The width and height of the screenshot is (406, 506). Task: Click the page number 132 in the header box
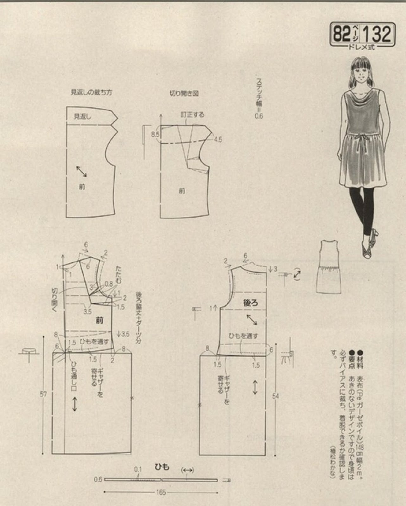[x=377, y=34]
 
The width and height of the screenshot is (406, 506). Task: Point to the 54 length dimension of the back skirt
[x=275, y=396]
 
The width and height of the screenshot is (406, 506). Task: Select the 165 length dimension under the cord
[x=161, y=492]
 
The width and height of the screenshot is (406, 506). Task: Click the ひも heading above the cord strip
[x=162, y=467]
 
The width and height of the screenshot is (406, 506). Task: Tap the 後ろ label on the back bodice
[x=251, y=303]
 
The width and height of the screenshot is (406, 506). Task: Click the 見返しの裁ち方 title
[x=91, y=93]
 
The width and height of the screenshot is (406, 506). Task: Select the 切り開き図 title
[x=184, y=94]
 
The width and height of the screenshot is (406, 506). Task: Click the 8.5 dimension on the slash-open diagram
[x=155, y=135]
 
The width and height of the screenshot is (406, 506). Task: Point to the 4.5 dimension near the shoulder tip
[x=218, y=139]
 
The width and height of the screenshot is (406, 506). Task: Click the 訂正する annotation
[x=192, y=114]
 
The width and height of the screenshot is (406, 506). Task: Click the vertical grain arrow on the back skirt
[x=255, y=388]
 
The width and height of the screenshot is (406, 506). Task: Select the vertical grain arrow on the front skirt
[x=75, y=404]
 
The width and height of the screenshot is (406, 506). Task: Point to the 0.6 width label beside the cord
[x=98, y=479]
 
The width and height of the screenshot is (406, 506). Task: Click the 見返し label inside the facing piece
[x=82, y=116]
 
